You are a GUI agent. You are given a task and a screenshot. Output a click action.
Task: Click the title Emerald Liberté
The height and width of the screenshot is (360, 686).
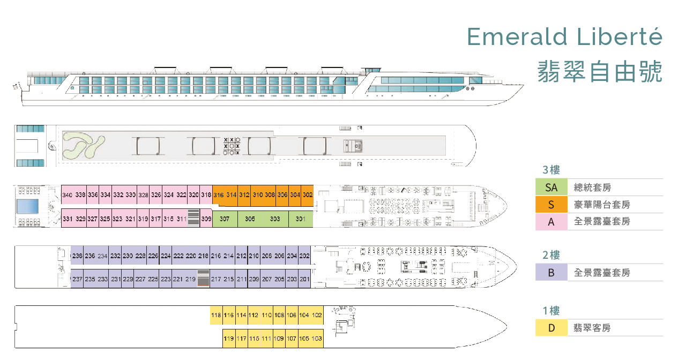click(x=565, y=36)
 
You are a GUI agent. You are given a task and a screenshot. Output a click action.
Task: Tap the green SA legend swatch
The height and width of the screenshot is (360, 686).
click(x=551, y=187)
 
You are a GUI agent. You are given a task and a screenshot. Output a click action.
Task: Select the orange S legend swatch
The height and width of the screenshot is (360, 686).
click(x=551, y=205)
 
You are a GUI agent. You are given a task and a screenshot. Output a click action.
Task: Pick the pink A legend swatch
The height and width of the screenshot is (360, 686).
click(x=551, y=222)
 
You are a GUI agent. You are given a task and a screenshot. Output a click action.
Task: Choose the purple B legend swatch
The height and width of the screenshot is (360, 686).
click(x=551, y=272)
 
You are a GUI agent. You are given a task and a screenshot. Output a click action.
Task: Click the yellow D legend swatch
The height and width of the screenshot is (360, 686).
click(x=551, y=328)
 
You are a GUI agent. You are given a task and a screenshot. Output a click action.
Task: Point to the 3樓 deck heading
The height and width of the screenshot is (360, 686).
click(x=551, y=170)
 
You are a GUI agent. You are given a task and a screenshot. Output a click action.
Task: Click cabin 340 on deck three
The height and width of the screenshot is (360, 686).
click(x=67, y=195)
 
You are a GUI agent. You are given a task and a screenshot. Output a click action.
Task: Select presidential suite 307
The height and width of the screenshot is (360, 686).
click(x=225, y=219)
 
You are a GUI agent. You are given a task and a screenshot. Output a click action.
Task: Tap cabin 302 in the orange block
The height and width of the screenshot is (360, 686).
click(x=308, y=195)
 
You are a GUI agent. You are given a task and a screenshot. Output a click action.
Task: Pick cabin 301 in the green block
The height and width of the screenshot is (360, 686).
click(x=301, y=219)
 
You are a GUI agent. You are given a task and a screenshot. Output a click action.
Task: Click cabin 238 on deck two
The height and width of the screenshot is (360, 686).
click(x=77, y=256)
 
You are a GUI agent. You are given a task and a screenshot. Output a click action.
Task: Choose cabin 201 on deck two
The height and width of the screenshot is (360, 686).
click(x=305, y=279)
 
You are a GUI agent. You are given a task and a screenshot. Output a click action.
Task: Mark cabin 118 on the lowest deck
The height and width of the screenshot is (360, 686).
click(x=216, y=315)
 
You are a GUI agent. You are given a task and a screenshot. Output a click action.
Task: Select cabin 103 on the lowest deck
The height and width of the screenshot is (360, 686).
click(x=317, y=339)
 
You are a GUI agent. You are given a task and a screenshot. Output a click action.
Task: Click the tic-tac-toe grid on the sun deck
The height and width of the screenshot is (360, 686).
click(x=232, y=145)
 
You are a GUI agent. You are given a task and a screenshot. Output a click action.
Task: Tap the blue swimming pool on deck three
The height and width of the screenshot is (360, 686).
click(x=28, y=206)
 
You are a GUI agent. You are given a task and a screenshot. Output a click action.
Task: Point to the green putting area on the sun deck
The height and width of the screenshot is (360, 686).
click(x=82, y=145)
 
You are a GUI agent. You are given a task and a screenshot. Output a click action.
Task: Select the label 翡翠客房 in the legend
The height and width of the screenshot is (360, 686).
click(x=592, y=328)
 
